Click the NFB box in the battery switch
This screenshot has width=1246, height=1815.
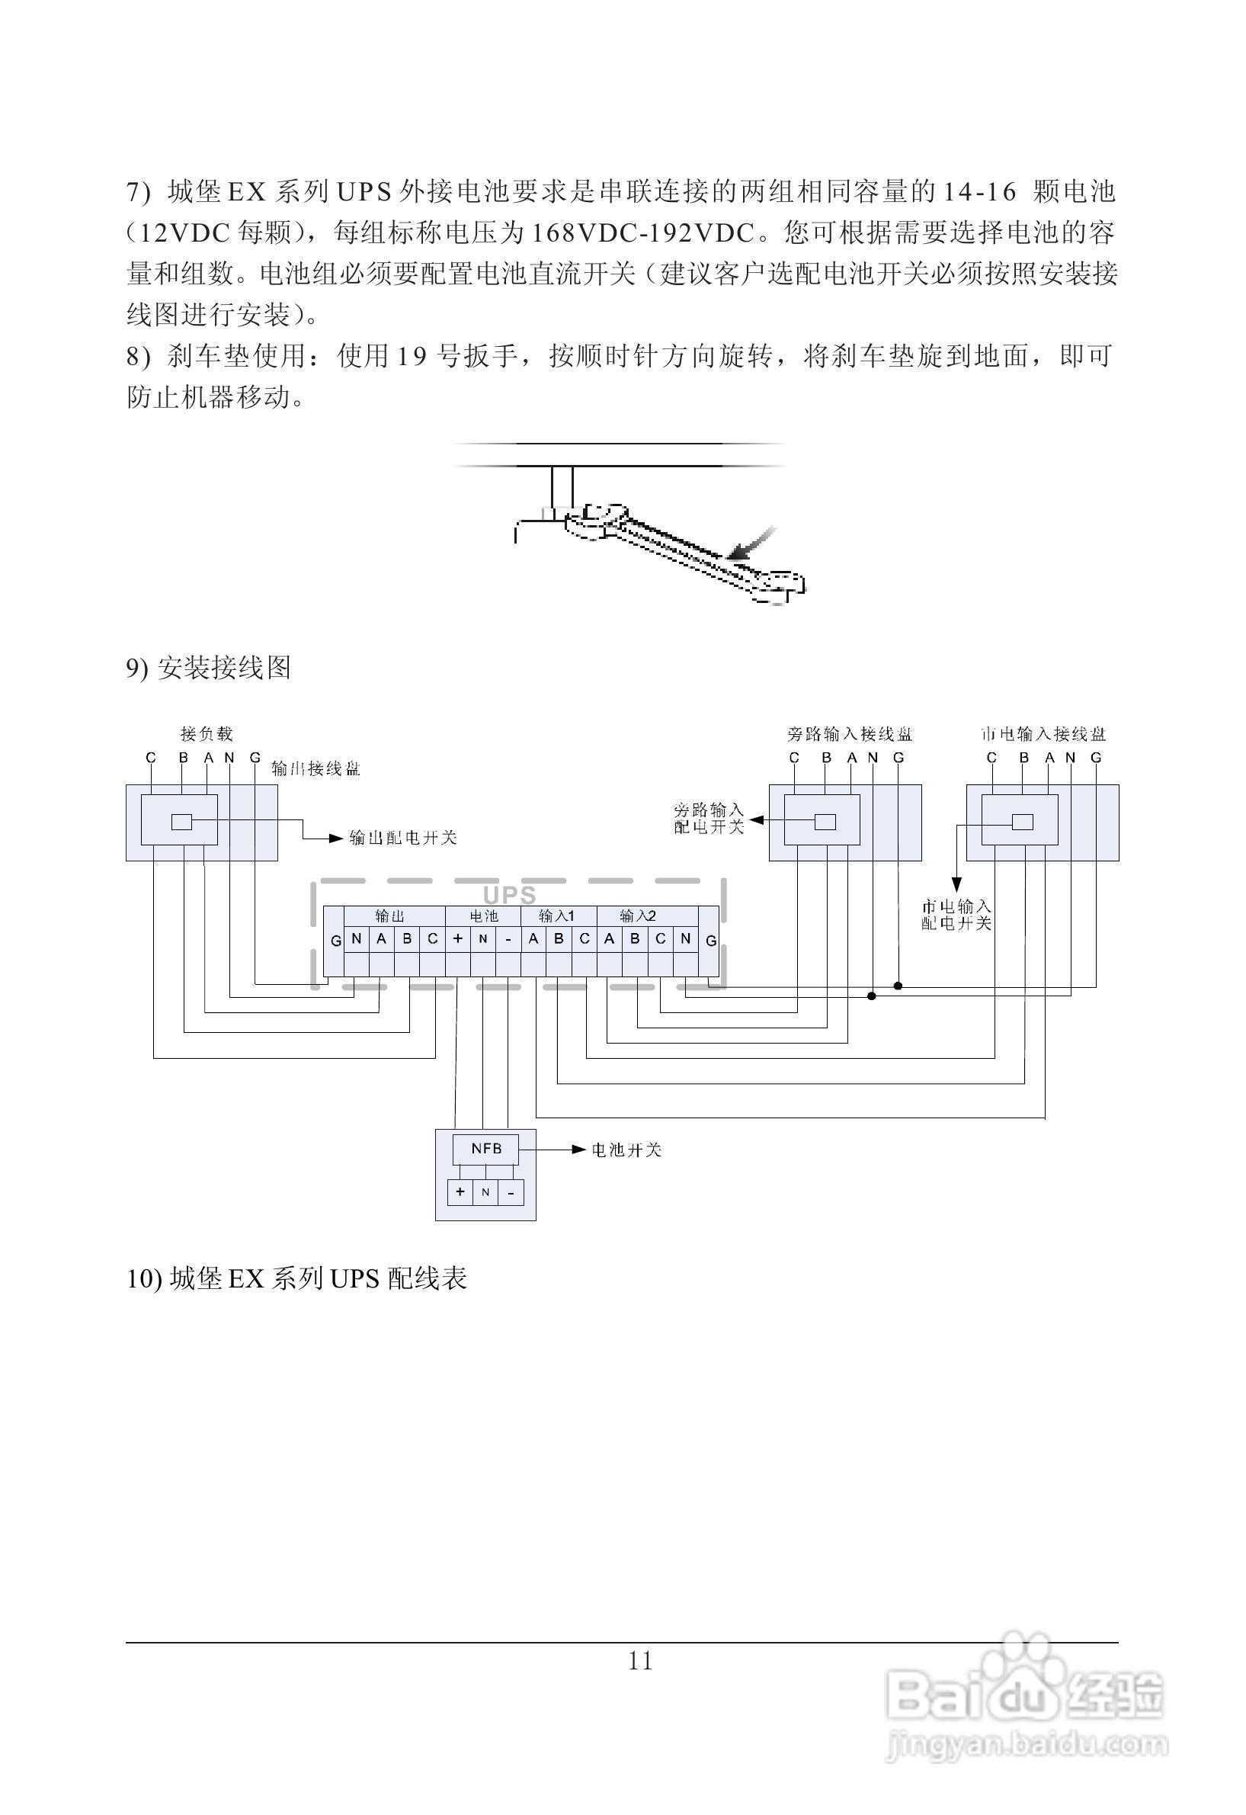(485, 1149)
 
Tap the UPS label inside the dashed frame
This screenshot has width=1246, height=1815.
(510, 895)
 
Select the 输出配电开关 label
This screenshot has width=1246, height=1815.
(403, 838)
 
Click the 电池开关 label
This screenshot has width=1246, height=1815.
(627, 1150)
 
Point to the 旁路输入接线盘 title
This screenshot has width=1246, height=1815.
(850, 734)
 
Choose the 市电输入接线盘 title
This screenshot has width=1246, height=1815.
(1043, 734)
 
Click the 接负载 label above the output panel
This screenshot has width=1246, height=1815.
(207, 734)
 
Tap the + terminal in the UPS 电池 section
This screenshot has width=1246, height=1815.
(457, 940)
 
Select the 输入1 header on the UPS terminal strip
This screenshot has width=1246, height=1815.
(557, 916)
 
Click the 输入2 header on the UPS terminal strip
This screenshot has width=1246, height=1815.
(637, 916)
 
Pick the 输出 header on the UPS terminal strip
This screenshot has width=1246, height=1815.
(389, 916)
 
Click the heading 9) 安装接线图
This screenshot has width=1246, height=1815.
(209, 668)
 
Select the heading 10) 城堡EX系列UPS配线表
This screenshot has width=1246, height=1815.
(296, 1278)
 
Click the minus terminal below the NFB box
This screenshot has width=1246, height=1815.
(511, 1192)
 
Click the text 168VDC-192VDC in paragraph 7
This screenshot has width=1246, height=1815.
(645, 232)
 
